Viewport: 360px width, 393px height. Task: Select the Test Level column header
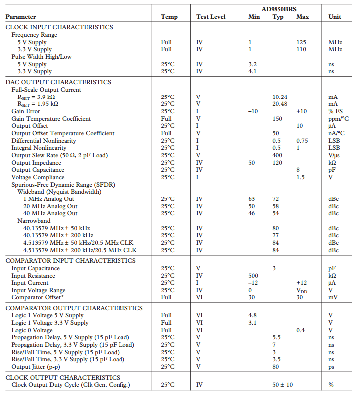coord(210,17)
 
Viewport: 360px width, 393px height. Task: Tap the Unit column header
coord(335,17)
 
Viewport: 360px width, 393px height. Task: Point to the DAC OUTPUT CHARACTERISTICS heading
coord(58,82)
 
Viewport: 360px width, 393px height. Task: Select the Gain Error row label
coord(26,111)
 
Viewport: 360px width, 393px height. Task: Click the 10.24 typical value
coord(280,97)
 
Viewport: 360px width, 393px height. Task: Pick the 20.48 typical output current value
coord(280,104)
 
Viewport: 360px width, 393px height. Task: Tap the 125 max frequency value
coord(301,42)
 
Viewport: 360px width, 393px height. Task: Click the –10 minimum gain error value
coord(253,111)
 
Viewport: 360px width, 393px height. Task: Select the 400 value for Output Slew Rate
coord(277,155)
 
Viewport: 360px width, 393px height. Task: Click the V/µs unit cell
coord(334,155)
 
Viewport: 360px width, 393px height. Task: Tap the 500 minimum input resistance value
coord(253,276)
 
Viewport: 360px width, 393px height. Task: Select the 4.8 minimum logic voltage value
coord(252,315)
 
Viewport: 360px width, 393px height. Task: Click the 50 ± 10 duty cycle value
coord(282,385)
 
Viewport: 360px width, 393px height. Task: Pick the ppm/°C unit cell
coord(338,119)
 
